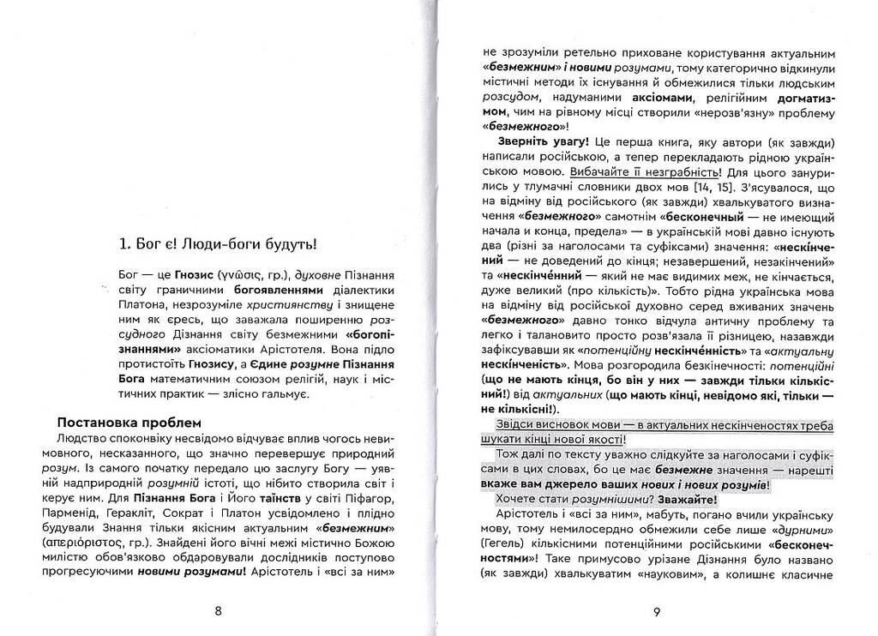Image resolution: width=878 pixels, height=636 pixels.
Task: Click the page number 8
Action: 218,611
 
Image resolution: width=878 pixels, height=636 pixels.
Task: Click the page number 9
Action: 656,611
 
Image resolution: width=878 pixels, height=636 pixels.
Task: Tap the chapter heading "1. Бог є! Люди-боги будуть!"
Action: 219,244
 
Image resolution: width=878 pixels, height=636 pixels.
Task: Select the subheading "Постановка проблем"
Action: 129,423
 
